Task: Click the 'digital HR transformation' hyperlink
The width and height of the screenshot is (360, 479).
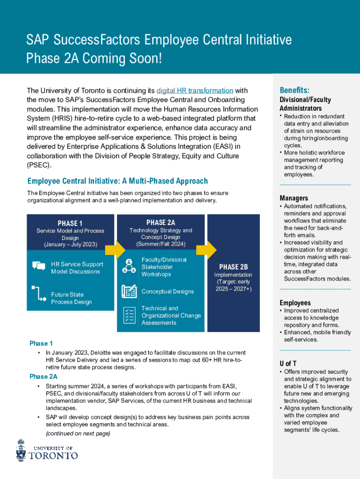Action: (194, 90)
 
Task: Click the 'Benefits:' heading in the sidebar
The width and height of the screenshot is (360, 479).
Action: (295, 90)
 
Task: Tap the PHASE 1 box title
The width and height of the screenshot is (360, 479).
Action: (70, 223)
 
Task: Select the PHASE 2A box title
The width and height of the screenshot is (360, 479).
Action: (160, 222)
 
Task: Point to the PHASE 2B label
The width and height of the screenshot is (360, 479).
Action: (233, 267)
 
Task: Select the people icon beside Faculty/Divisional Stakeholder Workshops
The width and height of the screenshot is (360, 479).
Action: (129, 265)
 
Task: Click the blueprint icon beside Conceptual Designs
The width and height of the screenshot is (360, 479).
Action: (129, 291)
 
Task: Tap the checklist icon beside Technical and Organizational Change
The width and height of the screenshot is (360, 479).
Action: (129, 315)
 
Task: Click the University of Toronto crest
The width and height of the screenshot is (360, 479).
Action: (21, 450)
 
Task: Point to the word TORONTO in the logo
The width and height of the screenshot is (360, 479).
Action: (53, 455)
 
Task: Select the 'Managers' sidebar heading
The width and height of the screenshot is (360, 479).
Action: (294, 198)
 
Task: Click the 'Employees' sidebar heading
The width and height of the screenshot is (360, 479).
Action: (295, 303)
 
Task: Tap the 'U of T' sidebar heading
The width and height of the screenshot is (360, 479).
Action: (288, 363)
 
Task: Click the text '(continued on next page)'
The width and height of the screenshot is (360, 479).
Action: (78, 433)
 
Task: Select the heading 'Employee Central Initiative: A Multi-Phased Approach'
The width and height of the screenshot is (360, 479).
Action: (117, 181)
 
